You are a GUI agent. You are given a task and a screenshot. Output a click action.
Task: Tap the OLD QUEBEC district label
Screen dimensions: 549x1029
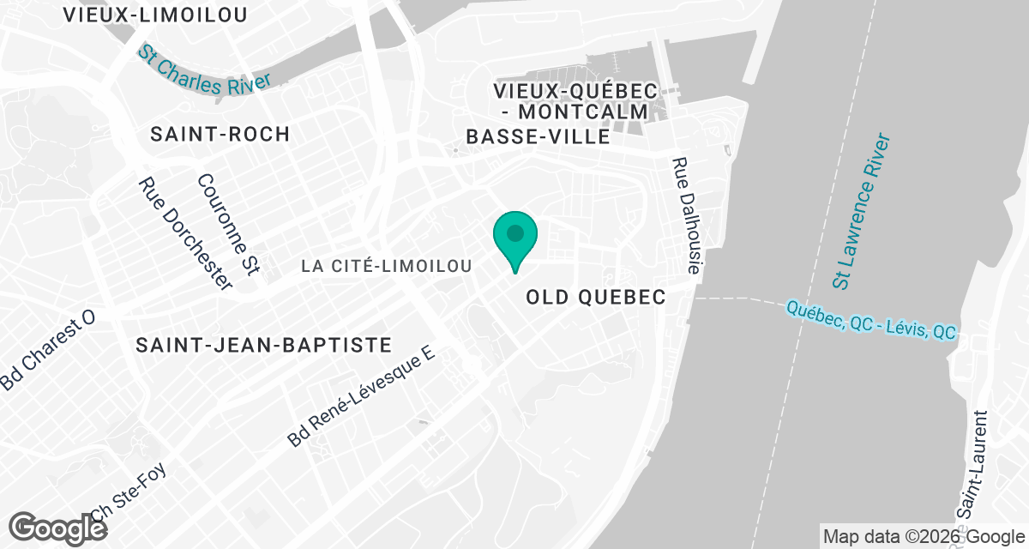[596, 297]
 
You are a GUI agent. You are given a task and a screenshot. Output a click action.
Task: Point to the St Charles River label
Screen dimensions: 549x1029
[204, 72]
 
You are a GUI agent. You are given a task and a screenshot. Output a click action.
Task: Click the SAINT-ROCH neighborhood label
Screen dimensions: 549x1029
[220, 134]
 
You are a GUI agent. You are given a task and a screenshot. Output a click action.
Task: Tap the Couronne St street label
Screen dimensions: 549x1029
[228, 225]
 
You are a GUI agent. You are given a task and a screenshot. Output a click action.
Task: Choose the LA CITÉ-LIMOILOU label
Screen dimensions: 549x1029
[387, 267]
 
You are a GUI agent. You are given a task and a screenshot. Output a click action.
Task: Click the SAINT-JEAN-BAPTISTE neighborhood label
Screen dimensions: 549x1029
[264, 345]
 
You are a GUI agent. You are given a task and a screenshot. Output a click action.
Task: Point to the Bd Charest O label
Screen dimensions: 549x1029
[47, 352]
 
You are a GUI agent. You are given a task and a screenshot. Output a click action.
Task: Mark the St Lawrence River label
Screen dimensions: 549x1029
[862, 211]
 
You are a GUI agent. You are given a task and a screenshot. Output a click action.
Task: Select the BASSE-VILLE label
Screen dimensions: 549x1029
[538, 137]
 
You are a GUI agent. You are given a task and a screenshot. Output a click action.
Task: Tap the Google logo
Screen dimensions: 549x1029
[58, 528]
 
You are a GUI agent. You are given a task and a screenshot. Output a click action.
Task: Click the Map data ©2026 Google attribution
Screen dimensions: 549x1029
[922, 537]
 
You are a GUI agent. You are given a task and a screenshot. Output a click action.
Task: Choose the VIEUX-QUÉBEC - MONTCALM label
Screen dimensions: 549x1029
[575, 101]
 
